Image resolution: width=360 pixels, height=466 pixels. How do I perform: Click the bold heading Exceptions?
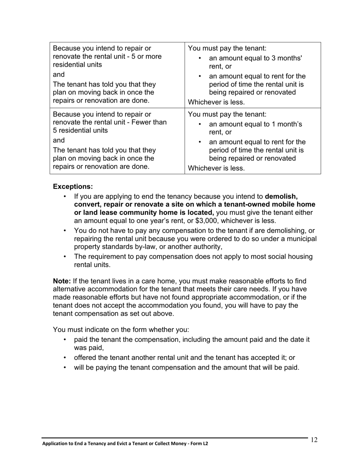pyautogui.click(x=73, y=187)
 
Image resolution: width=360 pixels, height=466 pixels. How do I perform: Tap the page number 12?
pyautogui.click(x=314, y=439)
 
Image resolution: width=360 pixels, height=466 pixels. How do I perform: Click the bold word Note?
pyautogui.click(x=62, y=281)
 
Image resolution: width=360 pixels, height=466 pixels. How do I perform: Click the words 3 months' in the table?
pyautogui.click(x=286, y=58)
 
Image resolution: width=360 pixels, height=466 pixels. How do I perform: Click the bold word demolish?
pyautogui.click(x=281, y=197)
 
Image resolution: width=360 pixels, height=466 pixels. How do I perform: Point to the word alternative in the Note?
pyautogui.click(x=69, y=289)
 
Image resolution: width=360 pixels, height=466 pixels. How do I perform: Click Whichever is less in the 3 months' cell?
pyautogui.click(x=216, y=102)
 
